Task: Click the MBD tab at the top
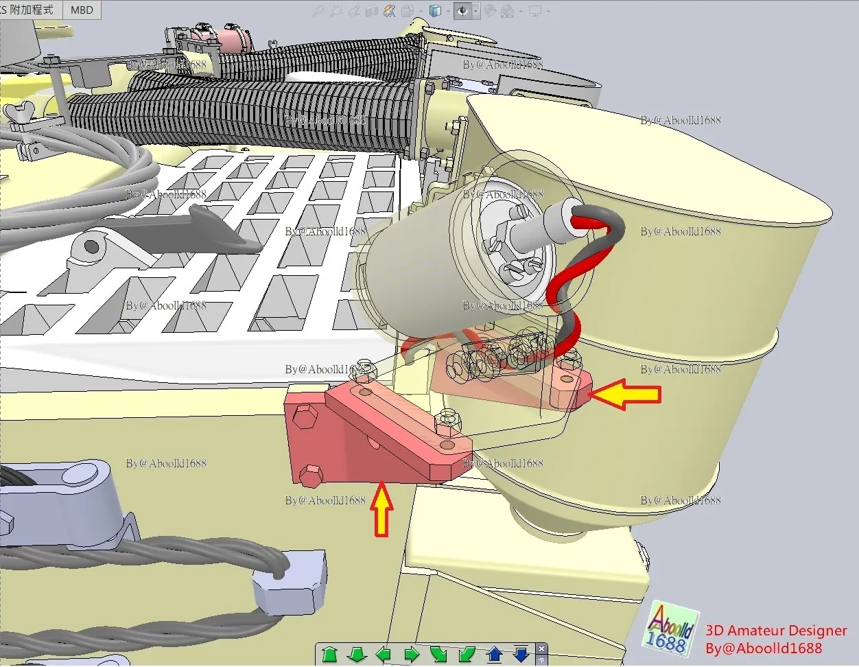pyautogui.click(x=82, y=10)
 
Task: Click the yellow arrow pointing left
pyautogui.click(x=625, y=395)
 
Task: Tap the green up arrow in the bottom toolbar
pyautogui.click(x=330, y=654)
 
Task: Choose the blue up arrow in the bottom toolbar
pyautogui.click(x=494, y=654)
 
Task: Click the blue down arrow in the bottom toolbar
pyautogui.click(x=521, y=654)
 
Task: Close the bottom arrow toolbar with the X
pyautogui.click(x=541, y=648)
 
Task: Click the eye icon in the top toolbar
pyautogui.click(x=462, y=11)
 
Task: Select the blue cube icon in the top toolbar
pyautogui.click(x=434, y=11)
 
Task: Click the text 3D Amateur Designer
pyautogui.click(x=775, y=630)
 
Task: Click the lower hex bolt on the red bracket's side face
pyautogui.click(x=311, y=473)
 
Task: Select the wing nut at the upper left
pyautogui.click(x=20, y=110)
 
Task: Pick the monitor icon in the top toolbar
pyautogui.click(x=534, y=11)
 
